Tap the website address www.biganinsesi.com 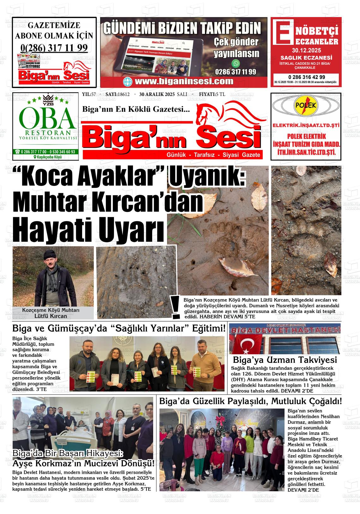[x=184, y=81]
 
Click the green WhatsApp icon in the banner [x=236, y=63]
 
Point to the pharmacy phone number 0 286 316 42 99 [x=306, y=77]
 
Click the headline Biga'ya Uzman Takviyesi [x=285, y=360]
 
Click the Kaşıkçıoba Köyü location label [x=48, y=157]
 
